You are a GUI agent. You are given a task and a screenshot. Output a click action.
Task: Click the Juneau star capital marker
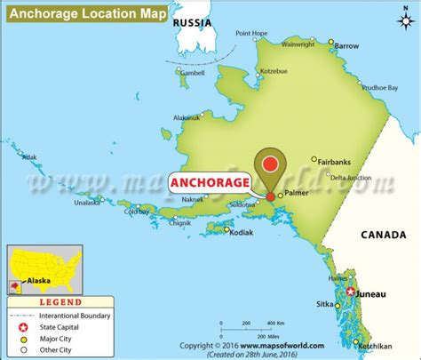pos(352,292)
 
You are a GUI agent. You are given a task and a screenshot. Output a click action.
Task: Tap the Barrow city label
pos(347,44)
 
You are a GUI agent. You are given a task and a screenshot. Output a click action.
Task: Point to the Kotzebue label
pos(274,68)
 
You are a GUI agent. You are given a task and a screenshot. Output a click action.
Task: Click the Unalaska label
pos(86,202)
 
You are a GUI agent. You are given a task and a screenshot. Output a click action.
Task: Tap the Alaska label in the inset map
pos(37,280)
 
